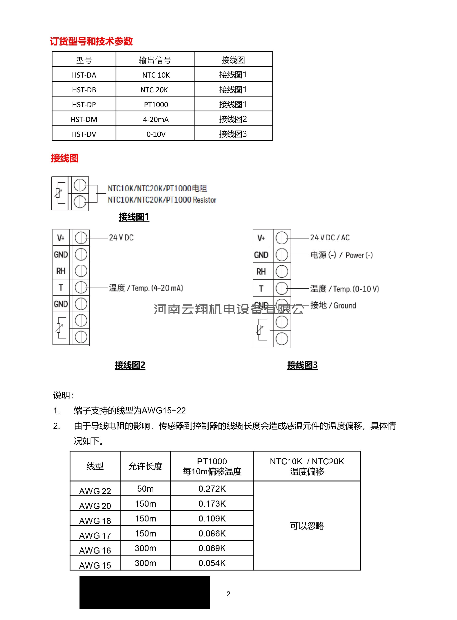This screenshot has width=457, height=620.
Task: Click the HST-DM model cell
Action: pos(84,119)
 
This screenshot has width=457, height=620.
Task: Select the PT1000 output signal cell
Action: pos(156,104)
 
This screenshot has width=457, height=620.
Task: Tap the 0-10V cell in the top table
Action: pos(156,134)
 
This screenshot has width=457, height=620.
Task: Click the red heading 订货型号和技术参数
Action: pos(91,41)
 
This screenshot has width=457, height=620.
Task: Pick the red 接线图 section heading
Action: pos(65,158)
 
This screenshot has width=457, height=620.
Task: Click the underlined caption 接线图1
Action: pos(134,217)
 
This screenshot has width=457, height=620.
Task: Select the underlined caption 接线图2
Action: pos(130,365)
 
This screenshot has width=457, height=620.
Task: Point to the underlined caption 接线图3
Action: pos(302,365)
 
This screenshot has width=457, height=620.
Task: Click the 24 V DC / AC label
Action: pos(330,238)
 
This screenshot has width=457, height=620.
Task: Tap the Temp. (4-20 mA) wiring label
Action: pos(146,288)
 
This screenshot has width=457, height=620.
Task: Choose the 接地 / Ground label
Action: pos(333,305)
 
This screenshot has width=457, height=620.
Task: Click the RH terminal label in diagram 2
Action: pos(61,271)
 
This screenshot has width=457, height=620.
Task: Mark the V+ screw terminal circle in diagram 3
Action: pos(282,238)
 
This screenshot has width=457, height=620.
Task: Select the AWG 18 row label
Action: pos(95,521)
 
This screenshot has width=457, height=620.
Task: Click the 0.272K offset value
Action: pos(212,489)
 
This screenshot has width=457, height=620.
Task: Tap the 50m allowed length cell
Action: pos(145,489)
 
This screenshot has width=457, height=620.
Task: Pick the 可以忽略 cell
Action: pos(307,526)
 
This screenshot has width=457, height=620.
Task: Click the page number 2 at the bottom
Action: pos(228,594)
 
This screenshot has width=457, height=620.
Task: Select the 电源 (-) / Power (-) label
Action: pos(341,255)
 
